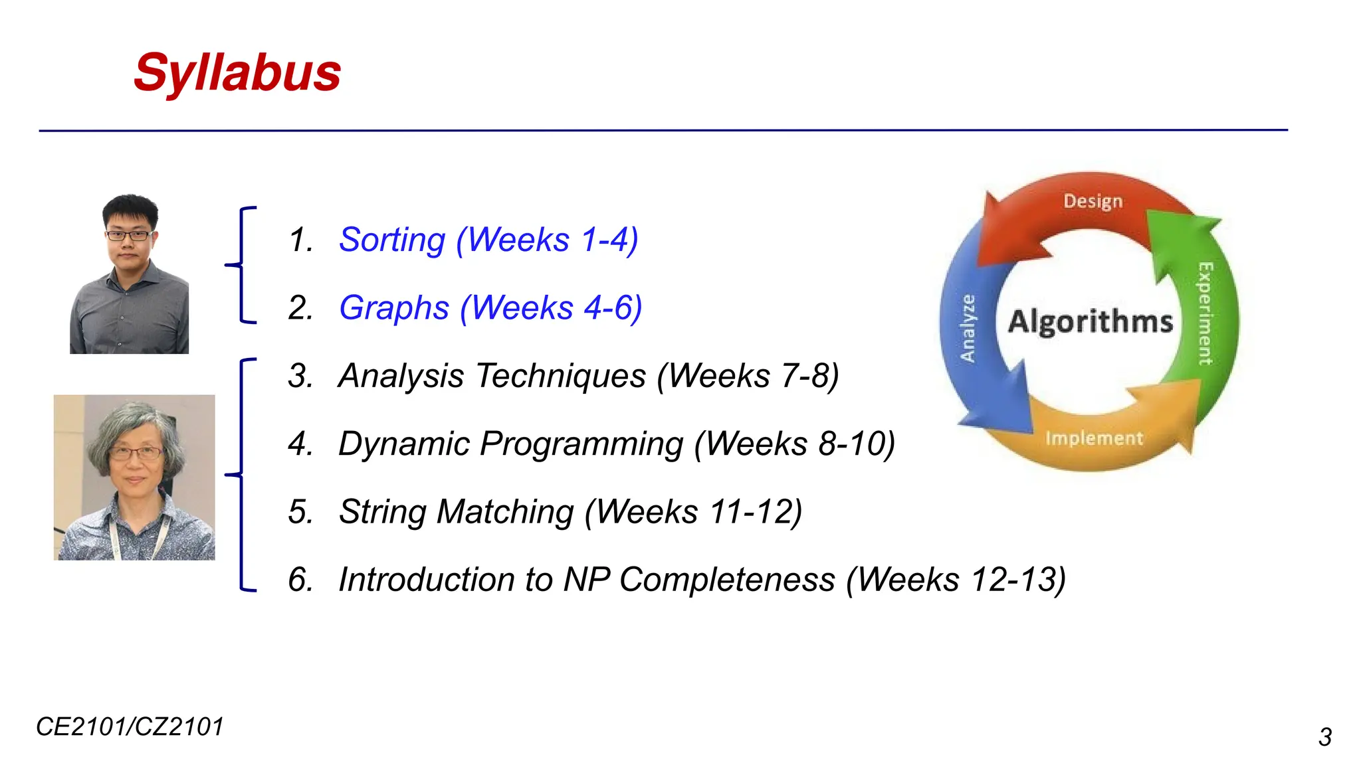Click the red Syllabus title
tap(237, 73)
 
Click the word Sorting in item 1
tap(392, 240)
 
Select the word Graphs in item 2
tap(394, 308)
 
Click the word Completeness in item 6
tap(727, 580)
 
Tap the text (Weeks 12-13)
tap(956, 580)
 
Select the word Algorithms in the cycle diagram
tap(1090, 322)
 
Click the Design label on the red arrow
tap(1093, 201)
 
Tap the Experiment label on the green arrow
tap(1205, 313)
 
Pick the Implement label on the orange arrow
tap(1094, 438)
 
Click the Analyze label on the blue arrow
tap(968, 328)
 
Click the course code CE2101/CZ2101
tap(130, 727)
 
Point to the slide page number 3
tap(1324, 738)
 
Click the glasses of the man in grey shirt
tap(128, 235)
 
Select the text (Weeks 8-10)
tap(795, 444)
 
